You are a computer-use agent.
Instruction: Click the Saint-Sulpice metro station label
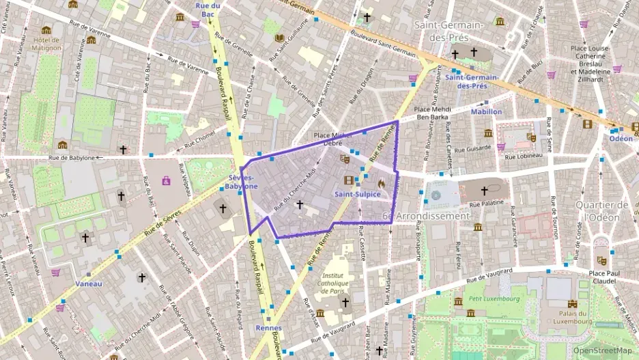[358, 195]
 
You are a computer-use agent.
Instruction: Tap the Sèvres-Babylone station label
[242, 181]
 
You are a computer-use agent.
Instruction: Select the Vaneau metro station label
[89, 283]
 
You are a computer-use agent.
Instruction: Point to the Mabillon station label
[486, 111]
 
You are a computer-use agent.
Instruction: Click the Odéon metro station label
[621, 138]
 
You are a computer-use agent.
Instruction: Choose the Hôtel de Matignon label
[46, 43]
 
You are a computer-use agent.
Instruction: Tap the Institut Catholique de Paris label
[333, 283]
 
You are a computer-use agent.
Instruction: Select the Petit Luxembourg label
[494, 299]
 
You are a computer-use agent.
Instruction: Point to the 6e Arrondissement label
[426, 216]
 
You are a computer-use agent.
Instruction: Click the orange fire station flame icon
[381, 182]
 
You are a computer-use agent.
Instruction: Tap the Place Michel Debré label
[328, 139]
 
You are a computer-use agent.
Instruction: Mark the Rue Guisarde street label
[475, 147]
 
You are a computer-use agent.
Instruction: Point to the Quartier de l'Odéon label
[601, 211]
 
